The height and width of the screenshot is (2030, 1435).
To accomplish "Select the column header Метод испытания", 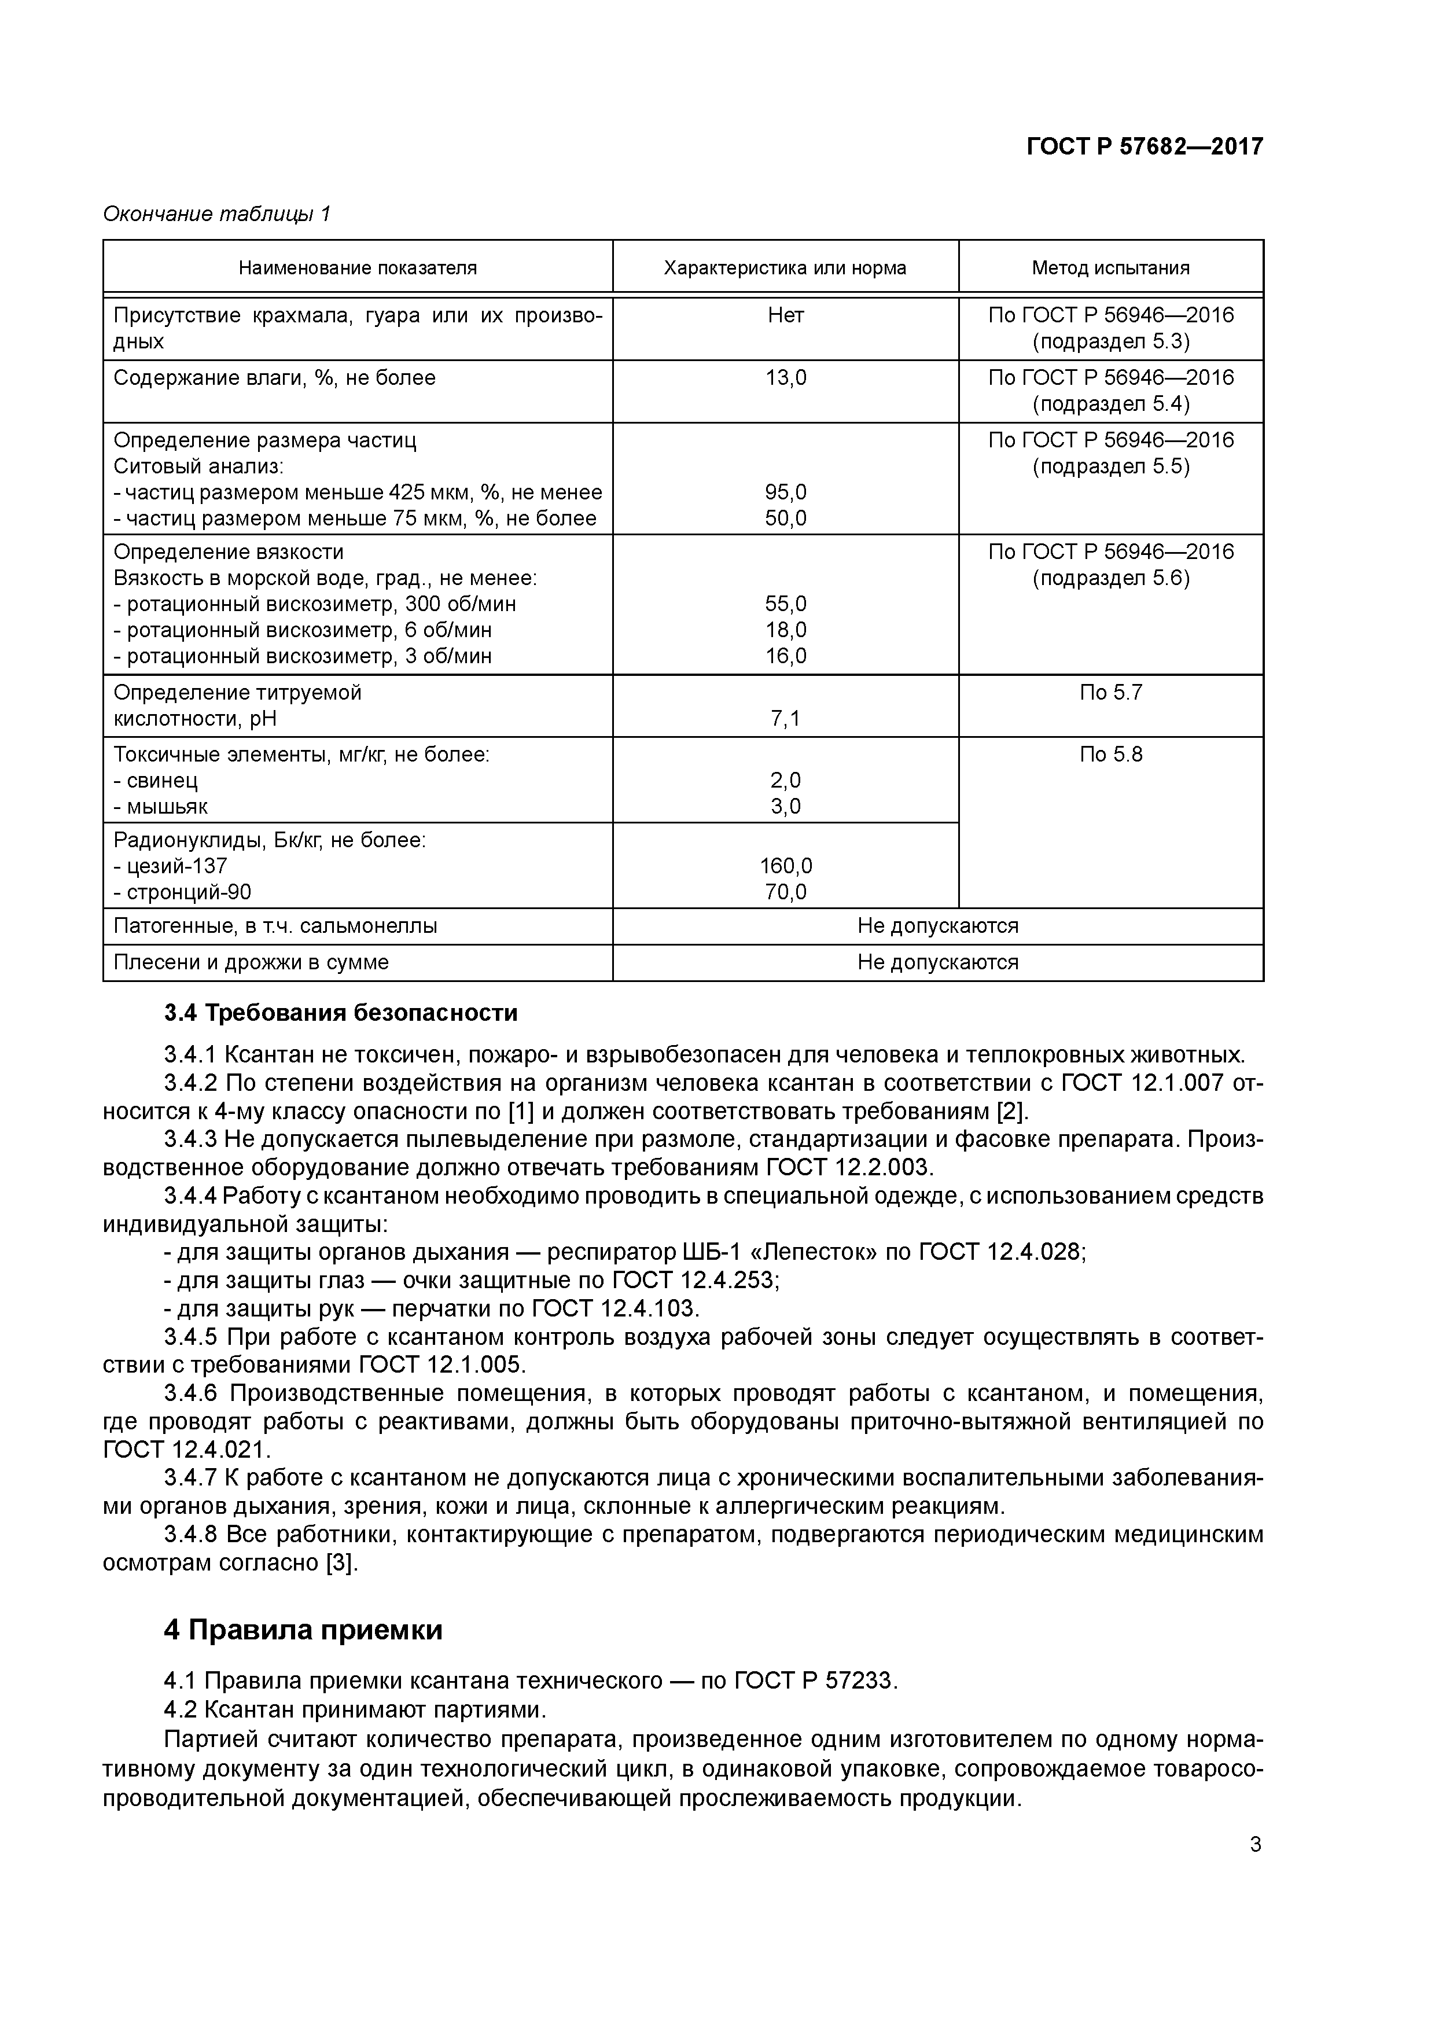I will coord(1110,268).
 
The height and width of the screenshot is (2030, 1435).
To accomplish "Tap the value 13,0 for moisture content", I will coord(785,378).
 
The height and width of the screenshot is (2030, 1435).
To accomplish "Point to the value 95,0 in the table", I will coord(785,492).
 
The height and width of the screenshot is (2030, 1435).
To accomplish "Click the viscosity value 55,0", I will coord(785,604).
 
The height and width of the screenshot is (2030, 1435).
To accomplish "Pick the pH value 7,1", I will coord(785,719).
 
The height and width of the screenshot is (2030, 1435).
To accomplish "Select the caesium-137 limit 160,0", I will coord(785,866).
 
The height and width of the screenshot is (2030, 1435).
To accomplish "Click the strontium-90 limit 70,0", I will coord(785,892).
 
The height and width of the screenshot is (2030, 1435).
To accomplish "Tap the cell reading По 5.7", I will coord(1110,692).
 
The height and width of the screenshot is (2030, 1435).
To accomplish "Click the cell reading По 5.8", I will coord(1110,754).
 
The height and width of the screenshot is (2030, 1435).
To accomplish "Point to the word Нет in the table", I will coord(785,315).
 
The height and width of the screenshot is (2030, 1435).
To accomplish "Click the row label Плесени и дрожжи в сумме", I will coord(251,962).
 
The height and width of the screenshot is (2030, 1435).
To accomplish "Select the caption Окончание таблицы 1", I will coord(216,214).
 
